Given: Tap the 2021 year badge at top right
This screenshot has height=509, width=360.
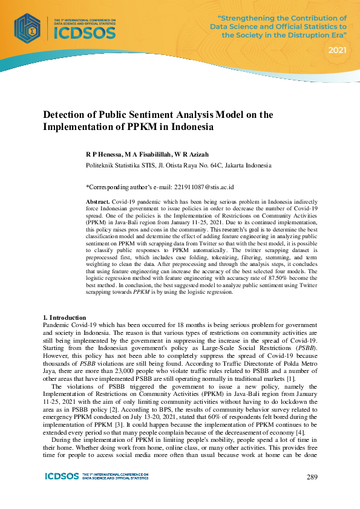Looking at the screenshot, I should pos(338,50).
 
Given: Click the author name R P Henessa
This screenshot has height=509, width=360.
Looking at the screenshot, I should pos(105,155).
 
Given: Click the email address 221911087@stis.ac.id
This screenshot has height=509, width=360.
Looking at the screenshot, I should pos(202,187).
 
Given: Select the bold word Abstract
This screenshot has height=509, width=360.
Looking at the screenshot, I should pos(97,200).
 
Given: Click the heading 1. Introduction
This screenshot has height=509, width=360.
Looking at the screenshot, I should pos(64,317).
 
